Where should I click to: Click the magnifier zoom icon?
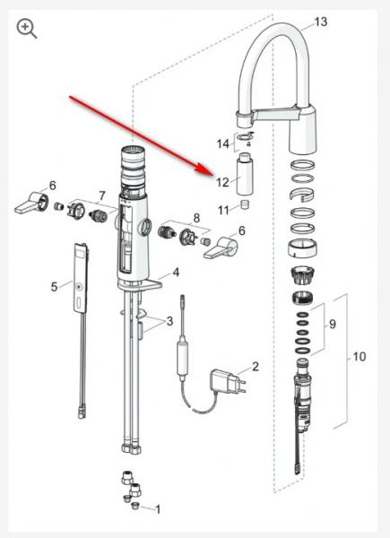(x=26, y=29)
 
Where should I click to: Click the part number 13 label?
(x=321, y=22)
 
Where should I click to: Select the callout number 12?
(x=222, y=182)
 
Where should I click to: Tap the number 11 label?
(x=223, y=210)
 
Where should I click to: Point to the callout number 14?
(x=222, y=143)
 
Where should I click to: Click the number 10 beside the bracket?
(x=360, y=357)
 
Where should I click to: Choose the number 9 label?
(x=332, y=324)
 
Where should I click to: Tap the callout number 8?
(x=196, y=218)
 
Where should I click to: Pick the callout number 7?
(x=102, y=195)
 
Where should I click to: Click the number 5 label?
(x=54, y=287)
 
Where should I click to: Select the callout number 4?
(x=176, y=273)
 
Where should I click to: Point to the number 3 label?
(x=169, y=322)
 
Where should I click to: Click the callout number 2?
(x=255, y=367)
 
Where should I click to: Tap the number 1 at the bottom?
(x=158, y=509)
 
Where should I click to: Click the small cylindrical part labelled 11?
(x=244, y=204)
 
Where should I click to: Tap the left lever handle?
(x=31, y=204)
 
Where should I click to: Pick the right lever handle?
(x=221, y=247)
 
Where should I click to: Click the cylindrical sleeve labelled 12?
(x=244, y=174)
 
